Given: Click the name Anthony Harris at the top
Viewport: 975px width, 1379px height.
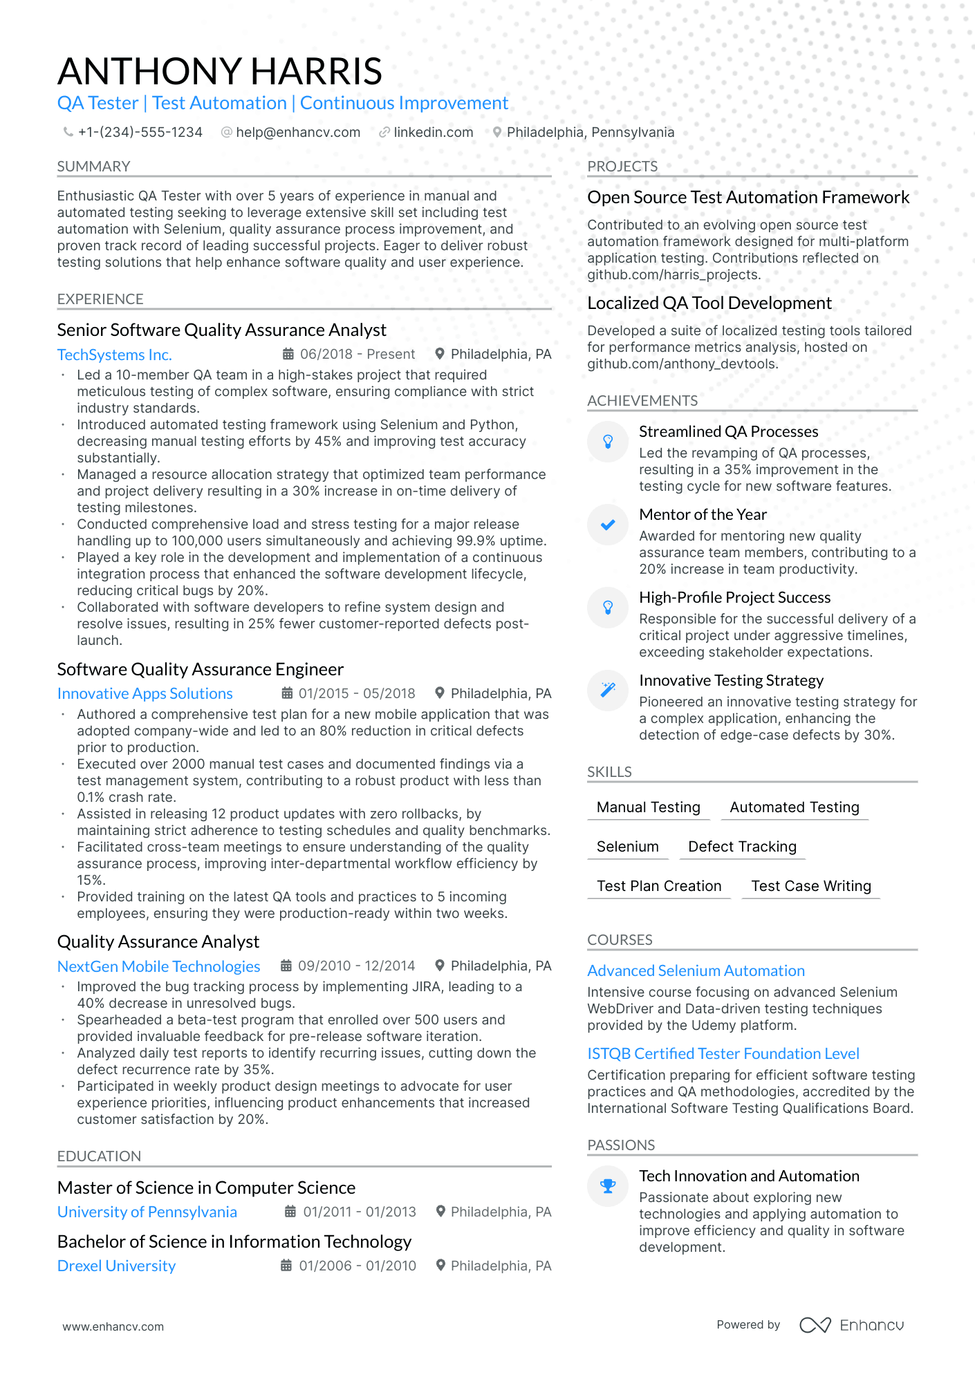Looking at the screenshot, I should pos(220,71).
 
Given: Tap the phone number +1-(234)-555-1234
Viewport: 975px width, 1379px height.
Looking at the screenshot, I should pos(140,132).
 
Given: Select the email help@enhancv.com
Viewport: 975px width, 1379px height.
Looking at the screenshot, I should pos(297,132).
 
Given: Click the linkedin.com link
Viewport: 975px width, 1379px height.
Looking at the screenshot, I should pos(433,132).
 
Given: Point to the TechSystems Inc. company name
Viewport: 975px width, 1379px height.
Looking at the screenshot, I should pos(114,355).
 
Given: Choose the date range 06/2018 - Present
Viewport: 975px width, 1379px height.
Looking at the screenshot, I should pos(357,354).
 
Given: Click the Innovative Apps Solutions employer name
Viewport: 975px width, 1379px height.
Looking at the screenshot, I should pos(145,693).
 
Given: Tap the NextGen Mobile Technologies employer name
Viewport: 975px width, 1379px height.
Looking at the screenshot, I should pos(158,966).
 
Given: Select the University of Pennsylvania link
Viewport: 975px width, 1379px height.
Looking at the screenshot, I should pos(147,1212).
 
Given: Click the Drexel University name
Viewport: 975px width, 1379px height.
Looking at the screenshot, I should pos(116,1266).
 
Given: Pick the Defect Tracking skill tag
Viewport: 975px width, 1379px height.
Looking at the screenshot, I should pos(742,847).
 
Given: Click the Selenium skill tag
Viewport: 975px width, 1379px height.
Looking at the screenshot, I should pos(627,847).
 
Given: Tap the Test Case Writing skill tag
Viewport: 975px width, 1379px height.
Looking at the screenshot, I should pos(810,886).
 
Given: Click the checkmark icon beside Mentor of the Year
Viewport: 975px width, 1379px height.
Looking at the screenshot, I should pos(608,525).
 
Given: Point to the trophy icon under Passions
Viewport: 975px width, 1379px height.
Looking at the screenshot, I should pos(608,1186).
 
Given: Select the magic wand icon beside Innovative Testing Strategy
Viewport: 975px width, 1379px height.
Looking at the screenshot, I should pos(608,690).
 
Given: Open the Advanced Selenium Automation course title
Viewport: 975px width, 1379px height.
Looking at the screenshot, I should pos(696,970).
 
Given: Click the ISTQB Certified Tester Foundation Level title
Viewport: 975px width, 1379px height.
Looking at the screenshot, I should pos(723,1053).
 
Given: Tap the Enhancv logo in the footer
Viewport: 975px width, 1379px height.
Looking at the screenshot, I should pos(851,1325).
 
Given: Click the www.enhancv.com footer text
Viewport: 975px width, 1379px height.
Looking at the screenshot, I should pos(113,1326).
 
